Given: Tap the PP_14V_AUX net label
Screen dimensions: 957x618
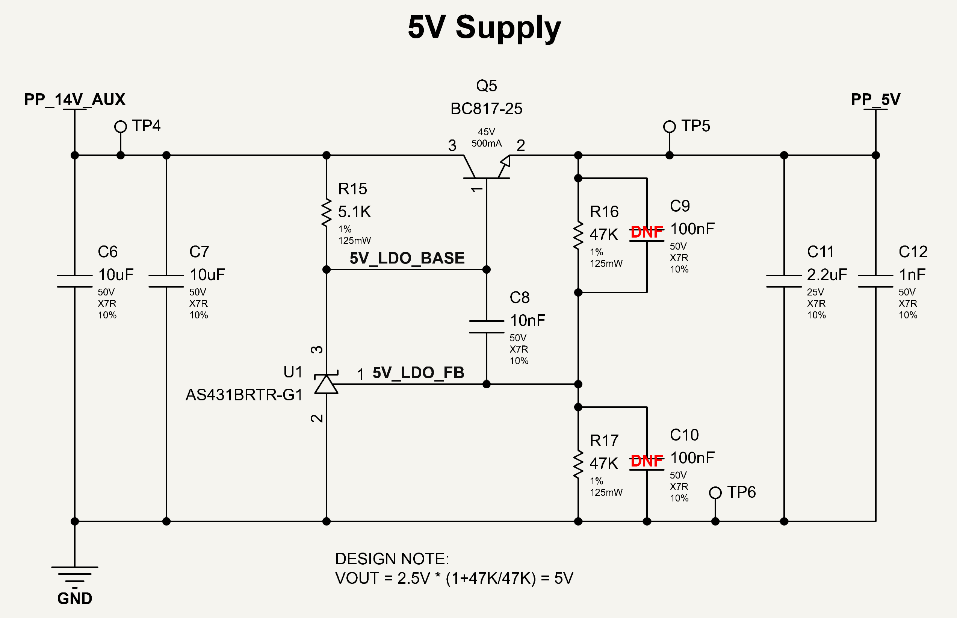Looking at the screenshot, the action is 75,99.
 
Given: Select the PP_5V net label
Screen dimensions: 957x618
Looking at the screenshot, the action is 875,99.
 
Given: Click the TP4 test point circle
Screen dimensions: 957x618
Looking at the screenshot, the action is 120,127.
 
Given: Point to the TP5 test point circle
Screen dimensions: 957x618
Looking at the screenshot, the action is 670,127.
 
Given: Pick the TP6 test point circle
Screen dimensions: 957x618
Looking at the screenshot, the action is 715,493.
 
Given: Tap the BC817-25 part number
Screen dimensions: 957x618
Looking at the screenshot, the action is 486,109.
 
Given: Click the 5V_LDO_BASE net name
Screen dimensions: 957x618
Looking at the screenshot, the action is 407,258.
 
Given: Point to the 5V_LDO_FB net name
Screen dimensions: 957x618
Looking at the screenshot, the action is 418,373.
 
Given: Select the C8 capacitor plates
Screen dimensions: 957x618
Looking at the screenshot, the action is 487,327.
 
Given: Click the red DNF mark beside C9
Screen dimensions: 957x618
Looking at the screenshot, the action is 647,232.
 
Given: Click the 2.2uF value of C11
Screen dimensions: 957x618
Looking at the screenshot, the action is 827,275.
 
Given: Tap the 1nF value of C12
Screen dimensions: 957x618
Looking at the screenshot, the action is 912,275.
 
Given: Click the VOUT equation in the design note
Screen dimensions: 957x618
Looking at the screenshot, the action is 454,579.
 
